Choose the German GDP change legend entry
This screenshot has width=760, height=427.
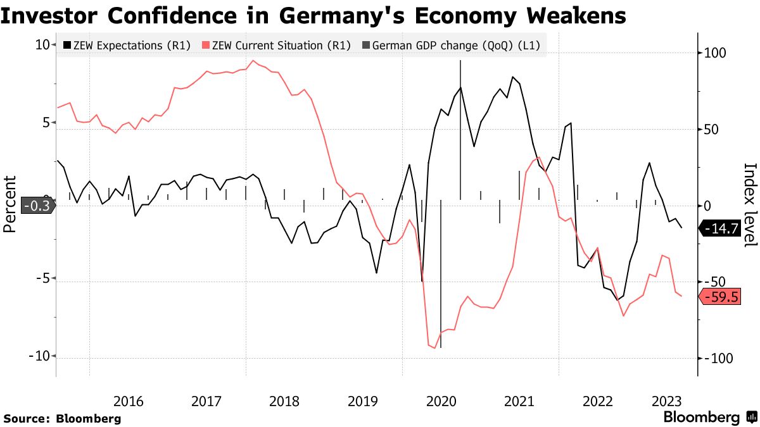[x=452, y=46]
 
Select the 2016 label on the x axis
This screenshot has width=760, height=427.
[x=129, y=401]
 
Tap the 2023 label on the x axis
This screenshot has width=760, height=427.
[x=668, y=401]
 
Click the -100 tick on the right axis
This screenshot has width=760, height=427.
[x=717, y=359]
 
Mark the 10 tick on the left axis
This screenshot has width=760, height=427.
[x=42, y=45]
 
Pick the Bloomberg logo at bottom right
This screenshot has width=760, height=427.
[x=709, y=417]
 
